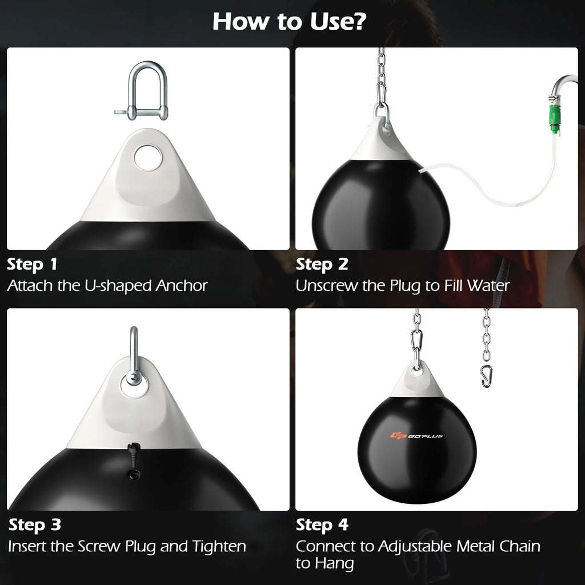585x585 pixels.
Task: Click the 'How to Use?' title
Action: (x=290, y=22)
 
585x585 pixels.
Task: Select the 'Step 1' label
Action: (x=33, y=265)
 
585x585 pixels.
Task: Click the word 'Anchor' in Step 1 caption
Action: (x=182, y=286)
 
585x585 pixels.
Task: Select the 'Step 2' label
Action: (x=322, y=265)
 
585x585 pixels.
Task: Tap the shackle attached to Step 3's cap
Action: (x=133, y=360)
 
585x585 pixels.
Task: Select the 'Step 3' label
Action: (x=34, y=525)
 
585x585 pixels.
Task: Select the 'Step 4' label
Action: (x=322, y=525)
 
